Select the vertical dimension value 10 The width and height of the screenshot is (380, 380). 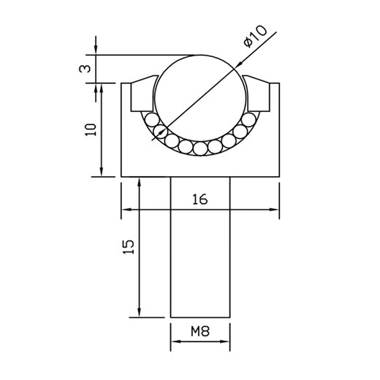(90, 129)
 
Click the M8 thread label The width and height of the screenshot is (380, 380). (200, 331)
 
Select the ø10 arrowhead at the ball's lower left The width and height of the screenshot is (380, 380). (156, 134)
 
